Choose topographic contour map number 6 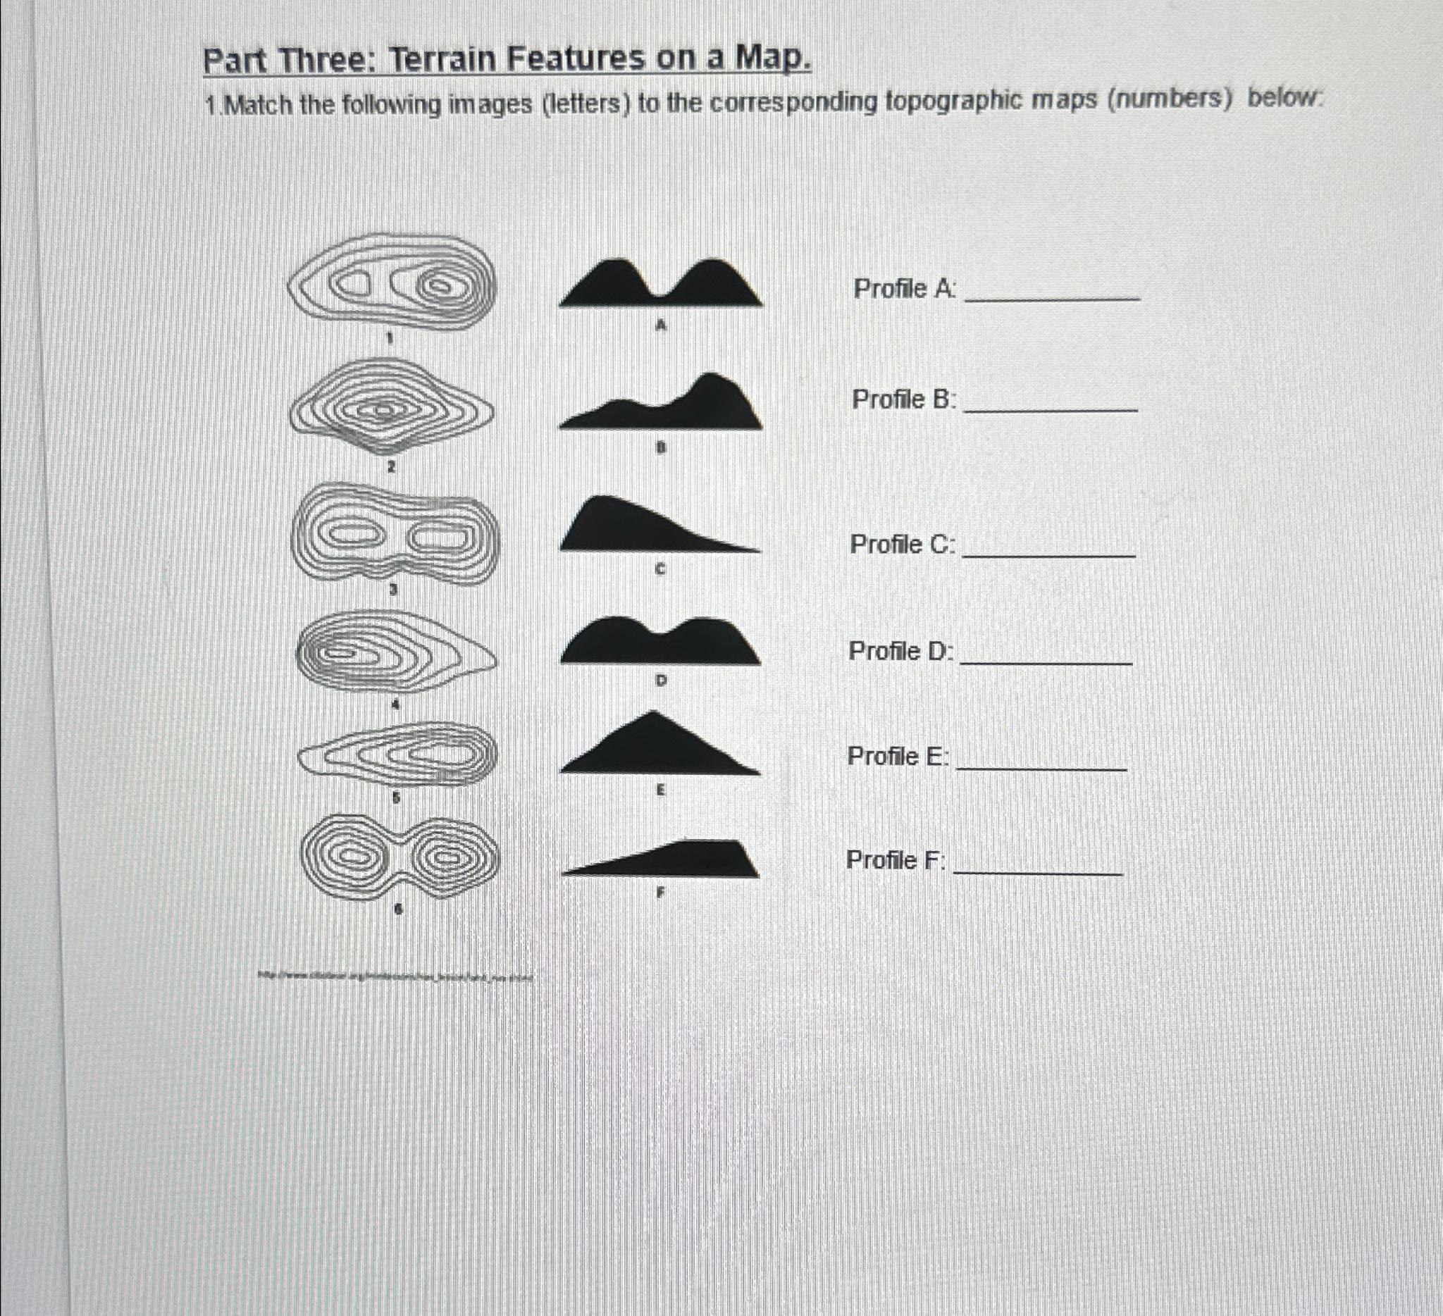pos(398,857)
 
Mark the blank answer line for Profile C pos(1048,554)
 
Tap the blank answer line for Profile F pos(1038,871)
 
